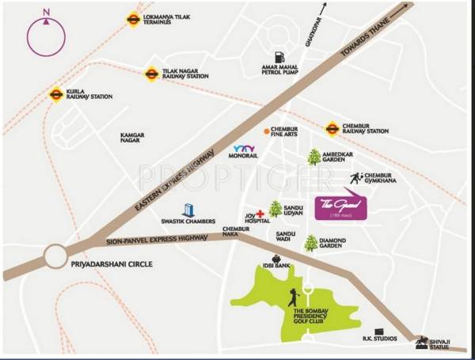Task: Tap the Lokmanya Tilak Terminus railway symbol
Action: click(x=133, y=20)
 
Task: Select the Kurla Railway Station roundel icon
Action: click(x=56, y=94)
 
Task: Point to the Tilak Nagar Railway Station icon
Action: click(x=151, y=74)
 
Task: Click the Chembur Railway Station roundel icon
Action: click(x=332, y=127)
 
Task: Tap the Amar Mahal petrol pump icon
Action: click(x=279, y=57)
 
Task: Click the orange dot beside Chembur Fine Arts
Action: click(x=266, y=131)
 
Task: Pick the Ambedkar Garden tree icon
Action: click(x=314, y=157)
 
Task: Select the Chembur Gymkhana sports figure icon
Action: click(x=355, y=179)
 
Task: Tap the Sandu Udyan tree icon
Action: click(x=275, y=208)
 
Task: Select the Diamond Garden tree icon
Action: click(x=311, y=243)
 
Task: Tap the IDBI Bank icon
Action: click(x=276, y=259)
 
